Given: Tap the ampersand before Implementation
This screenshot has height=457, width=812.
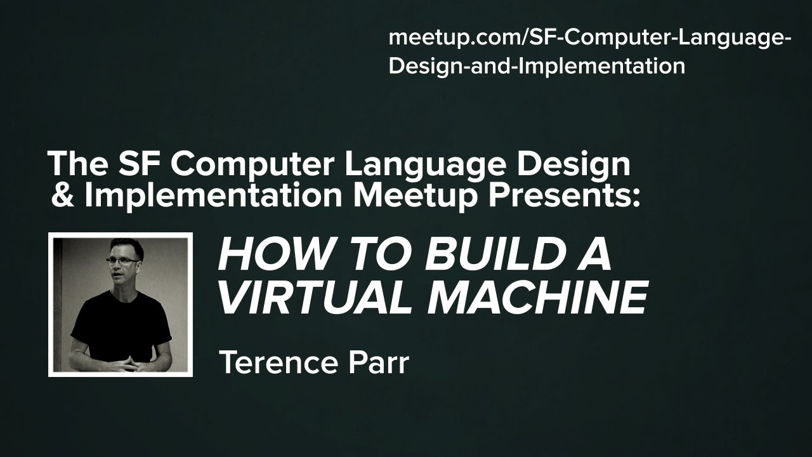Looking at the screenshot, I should coord(62,196).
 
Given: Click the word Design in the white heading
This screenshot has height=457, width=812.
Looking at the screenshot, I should coord(574,164).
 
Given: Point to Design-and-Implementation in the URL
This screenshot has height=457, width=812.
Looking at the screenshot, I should coord(537,65).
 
